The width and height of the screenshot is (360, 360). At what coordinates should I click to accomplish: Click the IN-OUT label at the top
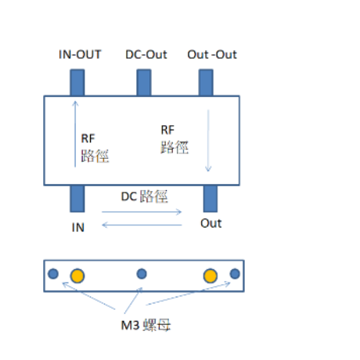[80, 55]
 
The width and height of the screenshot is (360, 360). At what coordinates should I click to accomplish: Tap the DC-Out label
[146, 55]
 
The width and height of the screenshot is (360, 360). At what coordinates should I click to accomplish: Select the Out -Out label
[212, 55]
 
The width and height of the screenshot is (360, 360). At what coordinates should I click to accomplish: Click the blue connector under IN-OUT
[77, 82]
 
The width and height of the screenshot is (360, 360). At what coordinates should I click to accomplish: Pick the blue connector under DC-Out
[144, 82]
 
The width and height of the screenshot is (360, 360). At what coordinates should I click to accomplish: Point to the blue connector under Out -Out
[206, 82]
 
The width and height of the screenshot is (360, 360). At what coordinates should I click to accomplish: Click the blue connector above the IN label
[77, 199]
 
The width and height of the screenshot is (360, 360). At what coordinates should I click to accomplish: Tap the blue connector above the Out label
[211, 199]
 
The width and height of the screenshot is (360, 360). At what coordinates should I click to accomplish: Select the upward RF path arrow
[75, 134]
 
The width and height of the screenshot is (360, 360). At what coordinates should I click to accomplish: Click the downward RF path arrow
[208, 141]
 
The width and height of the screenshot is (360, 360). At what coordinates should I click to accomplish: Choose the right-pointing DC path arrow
[142, 212]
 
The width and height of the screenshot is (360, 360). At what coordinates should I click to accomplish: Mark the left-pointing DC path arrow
[142, 225]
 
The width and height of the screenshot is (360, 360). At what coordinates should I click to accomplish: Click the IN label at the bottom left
[78, 228]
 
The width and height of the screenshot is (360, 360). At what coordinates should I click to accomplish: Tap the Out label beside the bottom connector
[211, 223]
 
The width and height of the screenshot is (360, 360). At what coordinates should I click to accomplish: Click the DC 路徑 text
[144, 196]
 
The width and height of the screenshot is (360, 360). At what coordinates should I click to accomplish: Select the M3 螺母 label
[146, 325]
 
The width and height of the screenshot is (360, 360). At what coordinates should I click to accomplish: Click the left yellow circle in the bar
[77, 275]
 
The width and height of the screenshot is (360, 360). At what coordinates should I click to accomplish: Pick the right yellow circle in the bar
[211, 275]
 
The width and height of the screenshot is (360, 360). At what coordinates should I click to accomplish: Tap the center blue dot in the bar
[142, 274]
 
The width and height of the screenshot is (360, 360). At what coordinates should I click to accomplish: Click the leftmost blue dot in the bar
[53, 274]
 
